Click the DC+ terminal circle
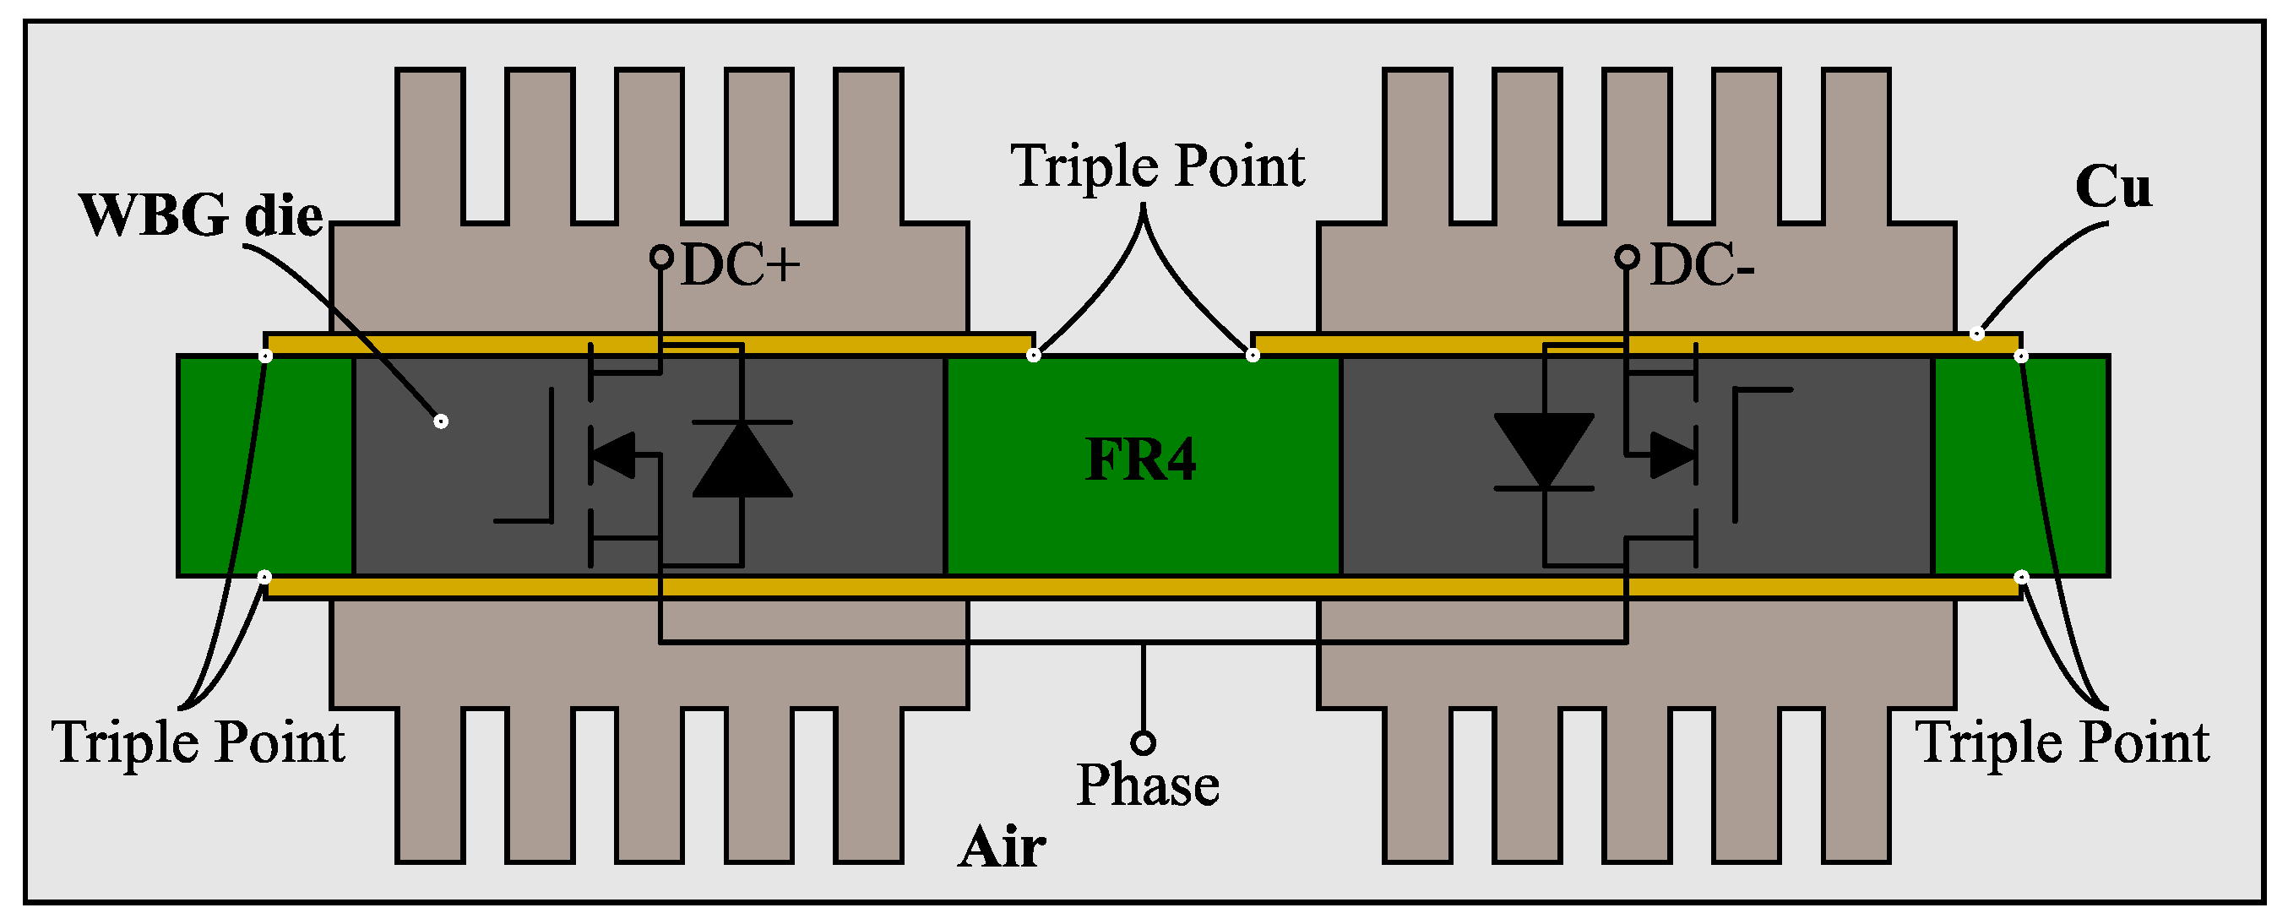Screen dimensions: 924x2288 pyautogui.click(x=660, y=258)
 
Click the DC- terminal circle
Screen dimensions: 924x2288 pyautogui.click(x=1627, y=258)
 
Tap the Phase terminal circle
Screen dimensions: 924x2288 pyautogui.click(x=1143, y=742)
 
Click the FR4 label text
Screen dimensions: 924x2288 pyautogui.click(x=1140, y=460)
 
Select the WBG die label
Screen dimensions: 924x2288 pyautogui.click(x=201, y=216)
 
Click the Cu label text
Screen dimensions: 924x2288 pyautogui.click(x=2113, y=188)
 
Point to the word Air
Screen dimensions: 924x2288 pyautogui.click(x=1002, y=846)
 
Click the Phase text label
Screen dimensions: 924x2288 pyautogui.click(x=1148, y=785)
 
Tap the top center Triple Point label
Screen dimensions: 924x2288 pyautogui.click(x=1157, y=166)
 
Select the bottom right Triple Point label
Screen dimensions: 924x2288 pyautogui.click(x=2062, y=742)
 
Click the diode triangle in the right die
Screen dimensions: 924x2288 pyautogui.click(x=1544, y=449)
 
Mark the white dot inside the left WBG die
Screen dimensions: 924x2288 pyautogui.click(x=442, y=421)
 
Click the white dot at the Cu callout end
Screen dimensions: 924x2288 pyautogui.click(x=1977, y=334)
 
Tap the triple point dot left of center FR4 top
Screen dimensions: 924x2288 pyautogui.click(x=1034, y=356)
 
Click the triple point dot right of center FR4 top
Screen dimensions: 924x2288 pyautogui.click(x=1253, y=356)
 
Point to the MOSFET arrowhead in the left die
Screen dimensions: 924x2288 pyautogui.click(x=615, y=455)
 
